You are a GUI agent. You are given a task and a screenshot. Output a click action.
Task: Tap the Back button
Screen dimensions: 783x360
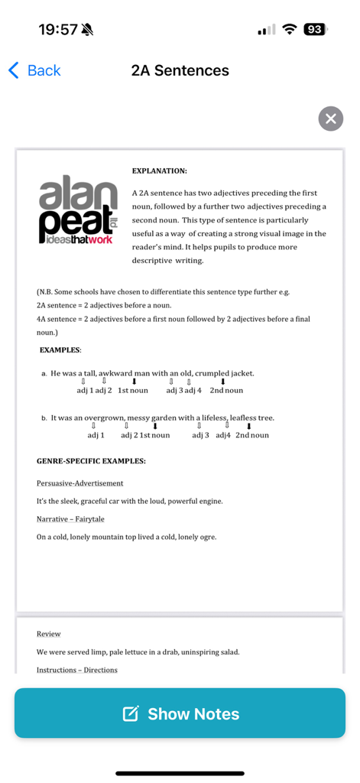(34, 70)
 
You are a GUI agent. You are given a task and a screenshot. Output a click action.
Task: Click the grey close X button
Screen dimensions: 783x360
(330, 119)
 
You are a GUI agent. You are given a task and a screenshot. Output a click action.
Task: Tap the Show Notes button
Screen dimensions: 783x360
(180, 713)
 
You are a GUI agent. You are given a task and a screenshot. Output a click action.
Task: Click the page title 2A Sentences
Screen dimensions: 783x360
(180, 70)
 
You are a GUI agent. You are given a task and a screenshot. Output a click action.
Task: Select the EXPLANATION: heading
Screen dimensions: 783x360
(159, 171)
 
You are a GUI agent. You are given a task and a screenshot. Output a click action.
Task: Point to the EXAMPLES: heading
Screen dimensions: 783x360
(60, 349)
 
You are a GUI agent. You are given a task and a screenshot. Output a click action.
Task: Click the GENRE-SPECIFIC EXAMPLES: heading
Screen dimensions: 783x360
(91, 461)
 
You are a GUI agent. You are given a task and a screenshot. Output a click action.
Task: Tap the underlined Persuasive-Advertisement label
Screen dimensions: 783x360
(79, 483)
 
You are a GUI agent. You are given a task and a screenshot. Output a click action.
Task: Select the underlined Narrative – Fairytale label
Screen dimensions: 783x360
(70, 519)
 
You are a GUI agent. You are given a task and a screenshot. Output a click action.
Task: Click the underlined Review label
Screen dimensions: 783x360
(48, 634)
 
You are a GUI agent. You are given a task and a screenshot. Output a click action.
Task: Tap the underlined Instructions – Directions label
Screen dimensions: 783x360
(76, 670)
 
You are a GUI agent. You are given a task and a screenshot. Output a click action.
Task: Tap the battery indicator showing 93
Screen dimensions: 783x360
(314, 30)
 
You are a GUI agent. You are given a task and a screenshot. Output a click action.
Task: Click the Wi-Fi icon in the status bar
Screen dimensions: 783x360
(289, 30)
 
